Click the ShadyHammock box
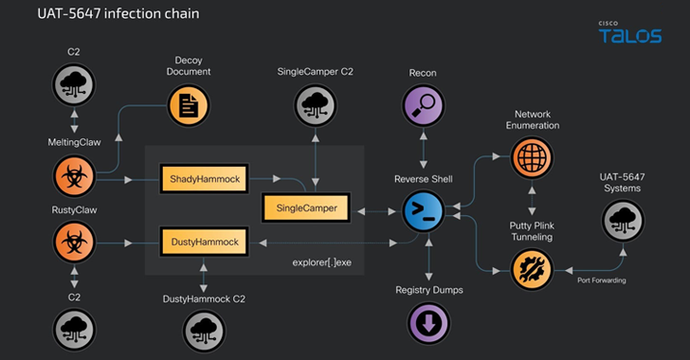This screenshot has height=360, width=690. click(x=204, y=179)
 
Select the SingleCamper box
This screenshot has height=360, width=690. click(x=306, y=207)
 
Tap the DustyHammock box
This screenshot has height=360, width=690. click(x=204, y=242)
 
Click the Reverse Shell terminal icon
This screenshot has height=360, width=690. click(x=424, y=211)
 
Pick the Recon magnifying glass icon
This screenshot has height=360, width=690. click(x=424, y=105)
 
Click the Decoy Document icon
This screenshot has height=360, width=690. click(x=189, y=105)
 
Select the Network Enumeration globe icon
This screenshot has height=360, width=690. click(x=532, y=157)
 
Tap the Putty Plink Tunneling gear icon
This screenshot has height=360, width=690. click(x=532, y=269)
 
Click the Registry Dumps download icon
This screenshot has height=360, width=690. click(x=428, y=323)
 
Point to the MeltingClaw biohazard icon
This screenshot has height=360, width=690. click(x=74, y=176)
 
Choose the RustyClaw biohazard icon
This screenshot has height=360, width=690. click(x=74, y=243)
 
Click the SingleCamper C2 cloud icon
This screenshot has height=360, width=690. click(x=315, y=105)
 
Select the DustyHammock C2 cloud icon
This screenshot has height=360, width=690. click(x=204, y=331)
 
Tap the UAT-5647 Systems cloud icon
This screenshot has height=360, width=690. click(x=623, y=221)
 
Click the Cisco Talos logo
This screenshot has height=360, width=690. click(x=630, y=32)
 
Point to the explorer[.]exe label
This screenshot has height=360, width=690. click(x=321, y=262)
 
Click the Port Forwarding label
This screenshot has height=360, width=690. click(x=602, y=280)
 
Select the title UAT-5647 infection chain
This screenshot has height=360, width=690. click(x=118, y=13)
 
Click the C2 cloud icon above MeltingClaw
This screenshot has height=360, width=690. click(x=74, y=84)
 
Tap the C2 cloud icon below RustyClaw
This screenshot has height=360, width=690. click(x=74, y=330)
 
